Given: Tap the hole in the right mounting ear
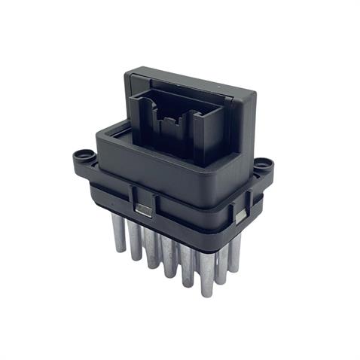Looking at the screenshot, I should [262, 163].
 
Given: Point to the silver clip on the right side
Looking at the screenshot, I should [240, 216].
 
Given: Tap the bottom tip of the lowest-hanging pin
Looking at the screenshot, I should [206, 294].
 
